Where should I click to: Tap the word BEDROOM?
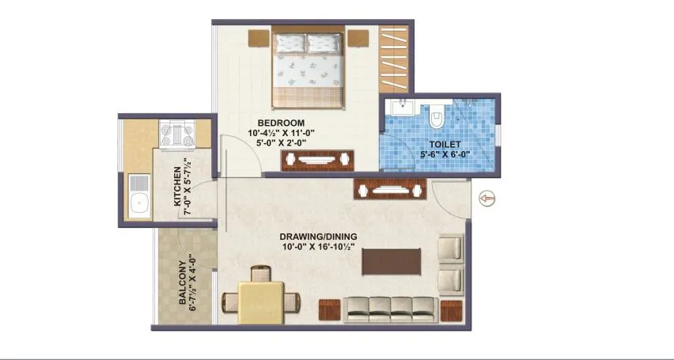pyautogui.click(x=275, y=122)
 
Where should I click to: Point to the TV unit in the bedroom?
pyautogui.click(x=318, y=159)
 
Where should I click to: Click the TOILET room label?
pyautogui.click(x=445, y=145)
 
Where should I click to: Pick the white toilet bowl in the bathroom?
pyautogui.click(x=436, y=118)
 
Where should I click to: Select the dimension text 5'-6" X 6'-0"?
pyautogui.click(x=444, y=155)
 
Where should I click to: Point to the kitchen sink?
pyautogui.click(x=140, y=196)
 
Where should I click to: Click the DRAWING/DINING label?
pyautogui.click(x=318, y=237)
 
